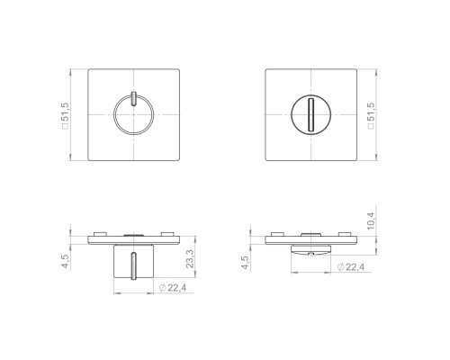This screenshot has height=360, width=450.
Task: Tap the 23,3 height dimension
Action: tap(190, 258)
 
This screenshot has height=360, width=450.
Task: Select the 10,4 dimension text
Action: tap(371, 221)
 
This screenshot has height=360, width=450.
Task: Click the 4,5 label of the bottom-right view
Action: tap(246, 263)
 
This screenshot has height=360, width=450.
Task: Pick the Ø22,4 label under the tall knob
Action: tap(173, 288)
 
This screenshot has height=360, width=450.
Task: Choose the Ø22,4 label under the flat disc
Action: tap(351, 266)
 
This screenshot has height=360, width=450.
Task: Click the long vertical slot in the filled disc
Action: tap(311, 114)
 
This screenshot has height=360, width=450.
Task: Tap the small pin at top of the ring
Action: tap(134, 98)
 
